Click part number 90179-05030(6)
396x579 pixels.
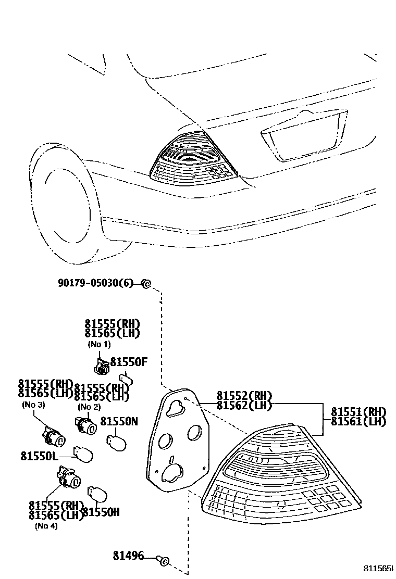click(95, 283)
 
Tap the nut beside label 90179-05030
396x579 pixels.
click(146, 284)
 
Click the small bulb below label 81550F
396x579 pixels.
click(125, 379)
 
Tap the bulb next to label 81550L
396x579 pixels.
click(83, 455)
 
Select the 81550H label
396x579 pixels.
click(101, 512)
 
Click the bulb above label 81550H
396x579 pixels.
click(97, 494)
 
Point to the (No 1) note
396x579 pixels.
click(98, 344)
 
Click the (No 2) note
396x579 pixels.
click(89, 407)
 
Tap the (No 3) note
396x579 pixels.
click(33, 405)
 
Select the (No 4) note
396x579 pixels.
click(47, 525)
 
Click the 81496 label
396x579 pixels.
click(128, 556)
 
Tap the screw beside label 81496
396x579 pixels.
click(163, 560)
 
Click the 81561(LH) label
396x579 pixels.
click(358, 421)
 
